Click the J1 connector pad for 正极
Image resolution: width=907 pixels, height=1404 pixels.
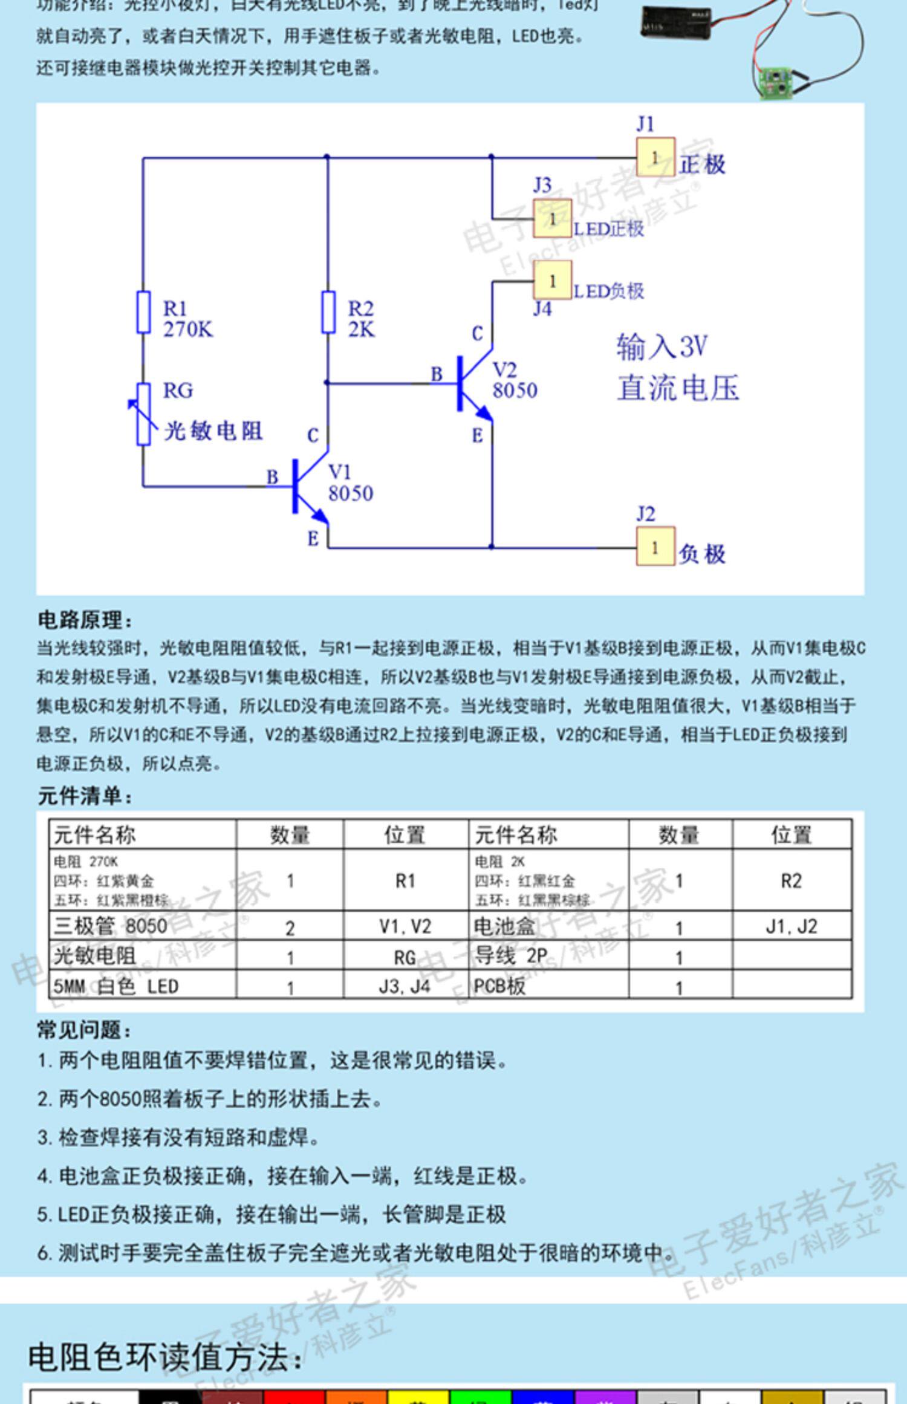(655, 157)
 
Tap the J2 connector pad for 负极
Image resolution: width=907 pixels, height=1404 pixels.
(655, 547)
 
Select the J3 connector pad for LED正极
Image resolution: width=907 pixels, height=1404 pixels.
(552, 218)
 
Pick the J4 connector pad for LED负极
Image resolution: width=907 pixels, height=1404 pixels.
(552, 280)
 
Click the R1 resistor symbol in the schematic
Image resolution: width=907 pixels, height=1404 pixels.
(143, 312)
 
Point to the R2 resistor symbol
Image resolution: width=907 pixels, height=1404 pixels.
(328, 312)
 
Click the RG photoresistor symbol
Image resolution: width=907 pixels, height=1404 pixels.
(143, 414)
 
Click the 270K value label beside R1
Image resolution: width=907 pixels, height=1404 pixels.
(188, 330)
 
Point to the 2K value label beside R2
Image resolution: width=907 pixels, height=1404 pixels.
(361, 330)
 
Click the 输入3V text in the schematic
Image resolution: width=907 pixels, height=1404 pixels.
(662, 347)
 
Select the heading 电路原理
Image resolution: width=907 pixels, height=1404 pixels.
(85, 620)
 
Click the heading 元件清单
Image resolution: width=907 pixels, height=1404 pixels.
(85, 796)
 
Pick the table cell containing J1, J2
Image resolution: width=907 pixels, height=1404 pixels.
(791, 926)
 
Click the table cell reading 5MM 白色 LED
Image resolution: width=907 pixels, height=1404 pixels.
(116, 987)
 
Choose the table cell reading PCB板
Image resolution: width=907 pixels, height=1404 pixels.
(499, 987)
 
